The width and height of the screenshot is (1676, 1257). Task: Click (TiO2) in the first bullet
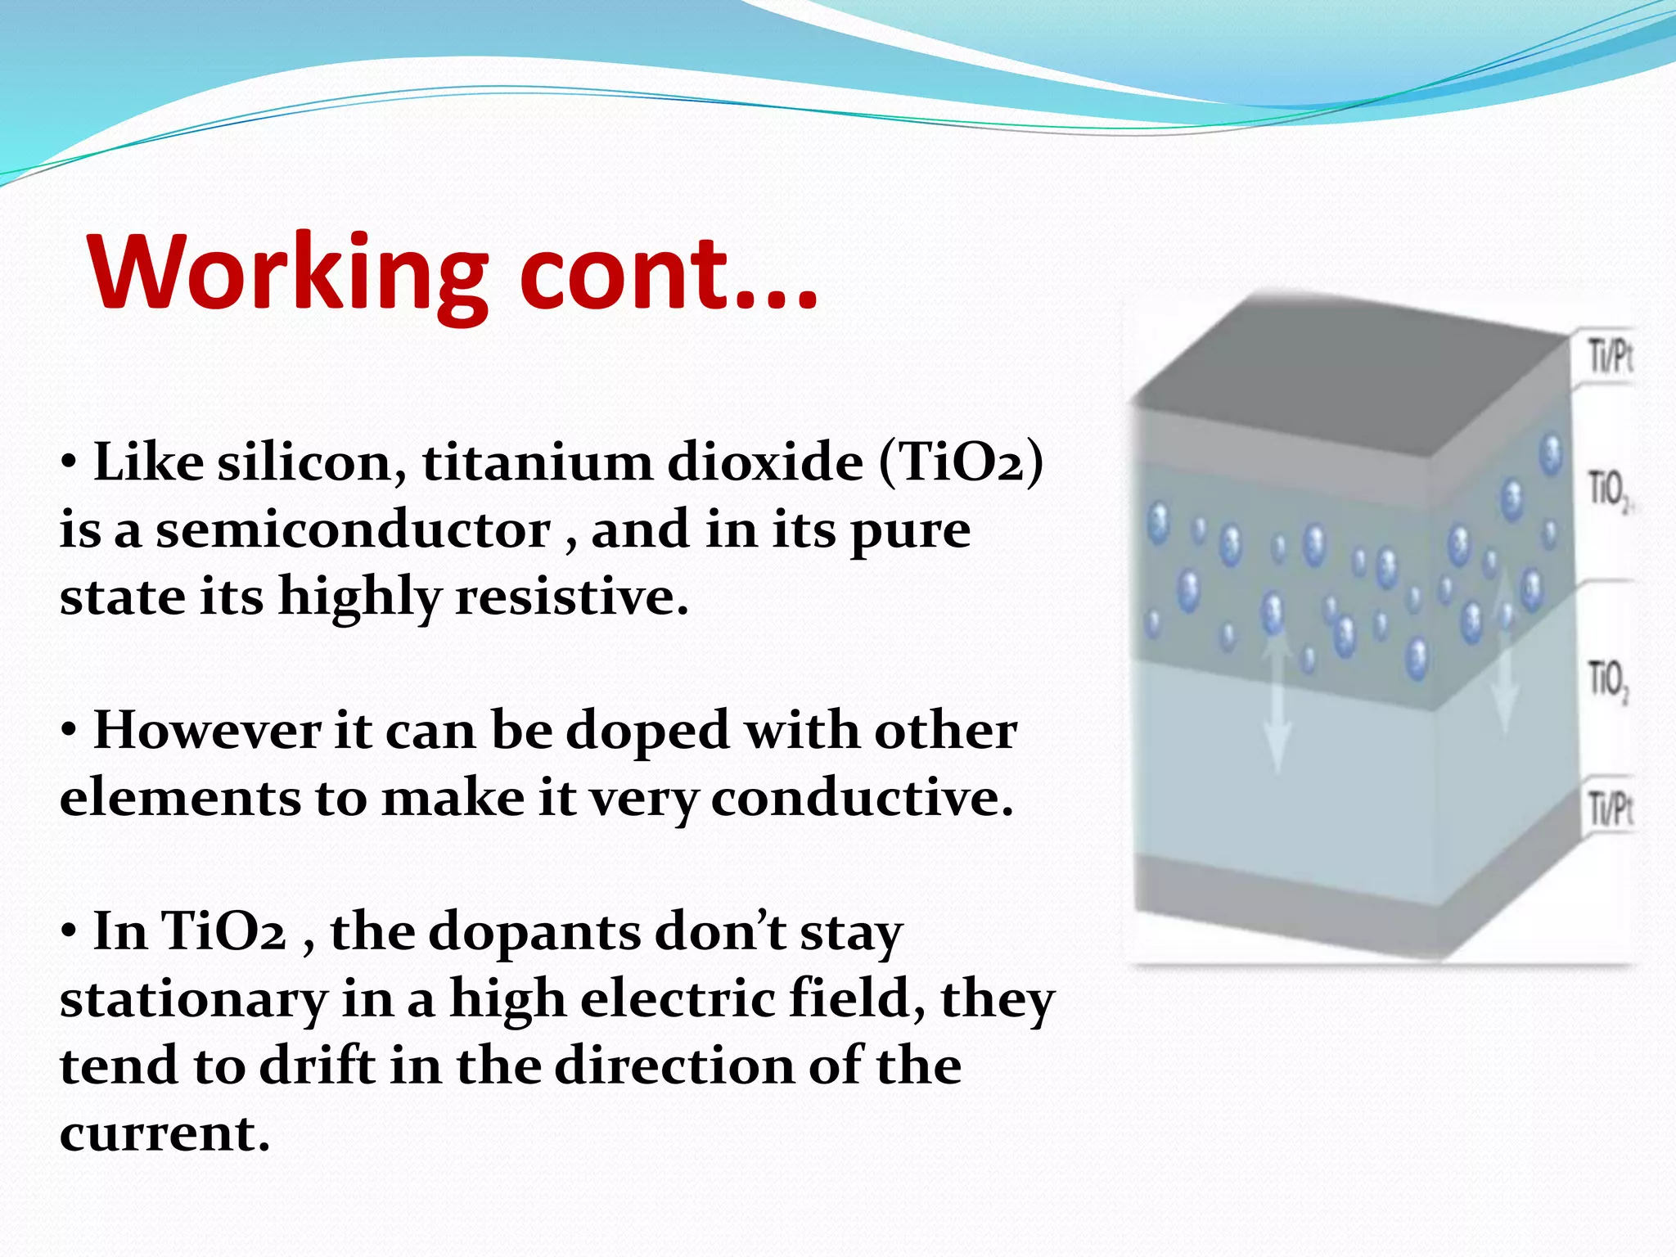pyautogui.click(x=962, y=463)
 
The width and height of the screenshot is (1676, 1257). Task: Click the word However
pyautogui.click(x=207, y=731)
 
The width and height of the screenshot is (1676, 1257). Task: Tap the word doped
pyautogui.click(x=647, y=731)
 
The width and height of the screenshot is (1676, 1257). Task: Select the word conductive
pyautogui.click(x=862, y=798)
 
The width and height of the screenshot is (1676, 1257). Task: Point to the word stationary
pyautogui.click(x=193, y=1000)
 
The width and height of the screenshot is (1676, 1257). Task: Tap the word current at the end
pyautogui.click(x=164, y=1134)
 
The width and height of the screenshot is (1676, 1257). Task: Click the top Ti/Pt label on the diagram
pyautogui.click(x=1610, y=358)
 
